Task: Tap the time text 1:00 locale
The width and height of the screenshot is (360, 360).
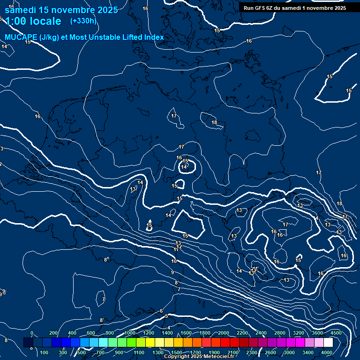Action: coord(33,21)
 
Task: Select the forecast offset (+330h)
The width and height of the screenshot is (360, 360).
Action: coord(83,21)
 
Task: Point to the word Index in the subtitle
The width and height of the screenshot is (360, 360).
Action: coord(154,37)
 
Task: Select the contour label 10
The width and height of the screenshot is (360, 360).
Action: coord(174,261)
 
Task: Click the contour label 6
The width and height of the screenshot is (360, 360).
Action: coord(161,311)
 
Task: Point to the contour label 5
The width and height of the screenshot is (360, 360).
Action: coord(166,316)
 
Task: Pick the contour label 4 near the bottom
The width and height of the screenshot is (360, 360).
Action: coord(169,328)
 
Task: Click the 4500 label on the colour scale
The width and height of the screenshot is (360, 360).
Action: coord(336,333)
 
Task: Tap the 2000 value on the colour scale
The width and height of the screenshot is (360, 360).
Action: coord(224,333)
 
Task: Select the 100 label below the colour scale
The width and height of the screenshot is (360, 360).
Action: coord(45,352)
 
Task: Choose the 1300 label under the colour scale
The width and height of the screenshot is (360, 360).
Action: coord(158,352)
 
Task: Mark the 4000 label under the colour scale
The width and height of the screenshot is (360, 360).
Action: coord(327,352)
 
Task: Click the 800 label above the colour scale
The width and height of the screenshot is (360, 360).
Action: coord(110,333)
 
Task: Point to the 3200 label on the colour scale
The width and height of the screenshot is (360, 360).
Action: coord(299,333)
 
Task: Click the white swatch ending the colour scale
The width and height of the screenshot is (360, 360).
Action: coord(328,343)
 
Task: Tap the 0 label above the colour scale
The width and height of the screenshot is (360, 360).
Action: coord(31,333)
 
